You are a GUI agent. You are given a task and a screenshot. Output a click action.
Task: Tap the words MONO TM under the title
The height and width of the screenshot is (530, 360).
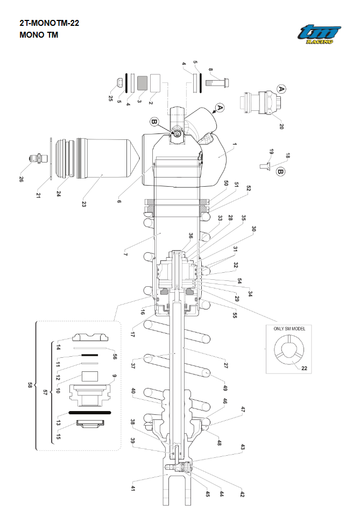(x=38, y=35)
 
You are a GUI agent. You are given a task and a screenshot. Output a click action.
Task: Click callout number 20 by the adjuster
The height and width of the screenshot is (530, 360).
(x=280, y=126)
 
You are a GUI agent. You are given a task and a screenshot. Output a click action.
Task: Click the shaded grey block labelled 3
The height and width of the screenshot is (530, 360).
(x=143, y=82)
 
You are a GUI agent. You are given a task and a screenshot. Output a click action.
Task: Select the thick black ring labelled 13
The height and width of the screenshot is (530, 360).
(x=90, y=412)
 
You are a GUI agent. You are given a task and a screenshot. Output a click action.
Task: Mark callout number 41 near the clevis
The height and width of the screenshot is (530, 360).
(x=133, y=488)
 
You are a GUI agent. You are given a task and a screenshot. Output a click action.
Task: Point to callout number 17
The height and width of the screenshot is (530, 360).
(x=132, y=334)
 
